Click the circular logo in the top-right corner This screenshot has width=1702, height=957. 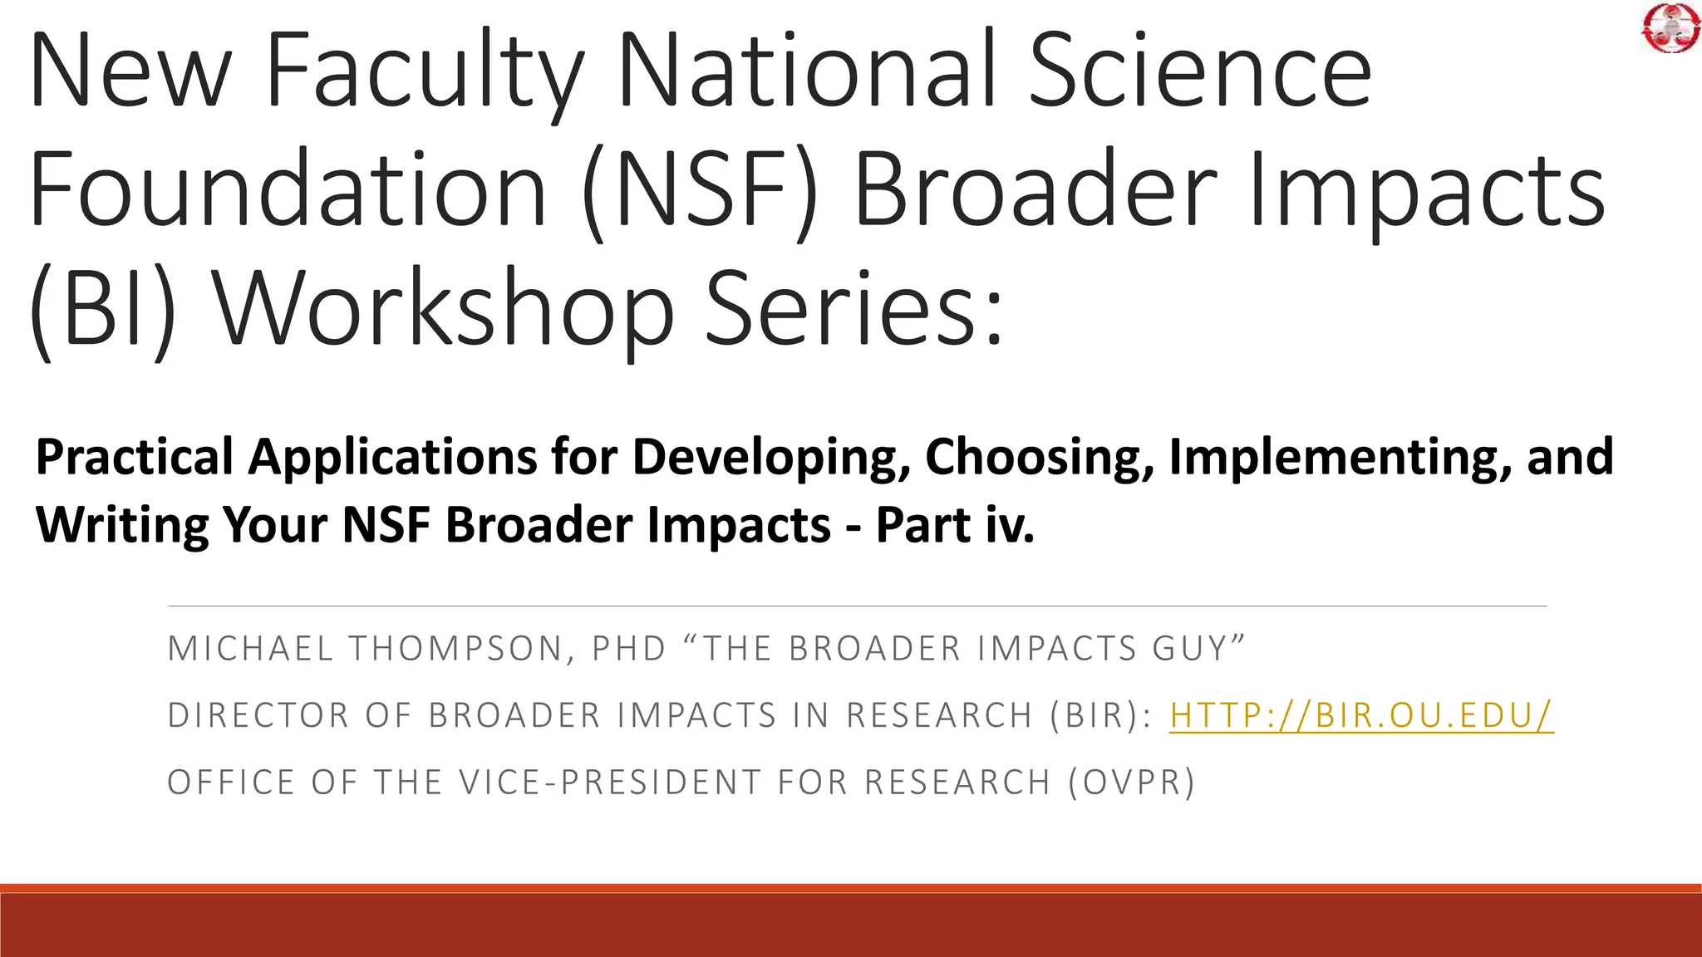click(x=1670, y=28)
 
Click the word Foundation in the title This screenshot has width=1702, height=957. click(x=288, y=191)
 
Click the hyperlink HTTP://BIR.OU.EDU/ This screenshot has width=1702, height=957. click(x=1361, y=715)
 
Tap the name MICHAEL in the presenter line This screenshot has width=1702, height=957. click(x=250, y=649)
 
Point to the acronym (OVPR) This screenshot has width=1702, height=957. click(x=1132, y=783)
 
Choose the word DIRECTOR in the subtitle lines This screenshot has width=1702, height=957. click(x=258, y=715)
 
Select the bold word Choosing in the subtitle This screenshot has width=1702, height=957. click(x=1039, y=458)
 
